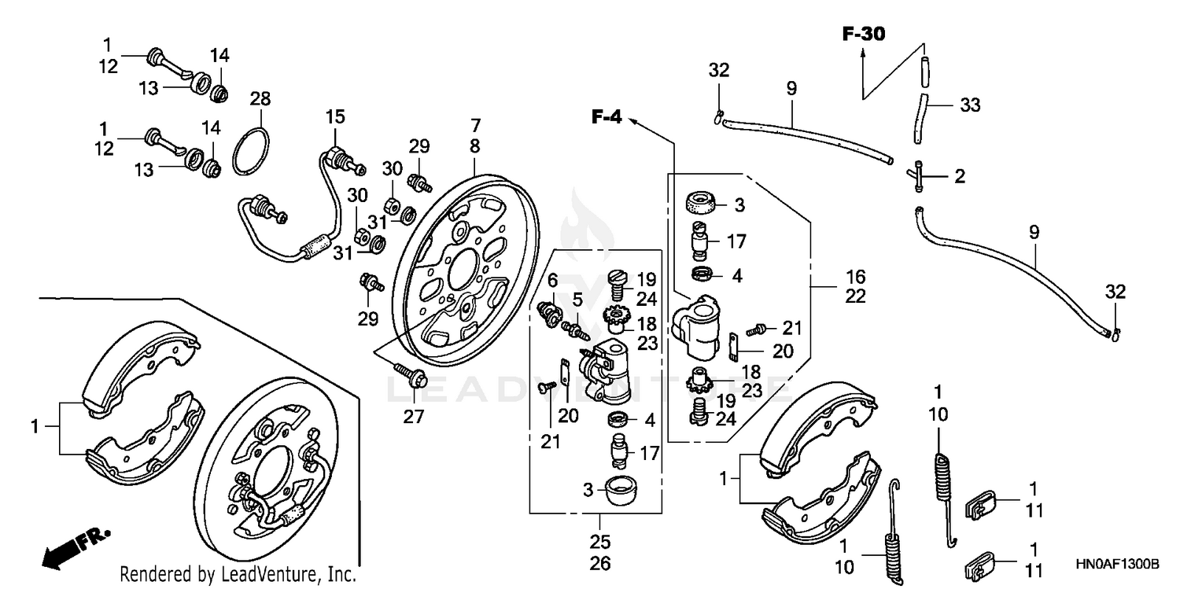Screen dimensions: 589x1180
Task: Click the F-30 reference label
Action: tap(863, 34)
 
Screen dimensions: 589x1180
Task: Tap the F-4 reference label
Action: tap(607, 119)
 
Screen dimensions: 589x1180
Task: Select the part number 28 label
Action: tap(260, 99)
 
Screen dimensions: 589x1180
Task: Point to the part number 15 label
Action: tap(335, 118)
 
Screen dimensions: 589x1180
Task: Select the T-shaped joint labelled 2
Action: tap(920, 176)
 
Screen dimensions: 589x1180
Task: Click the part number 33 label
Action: tap(970, 105)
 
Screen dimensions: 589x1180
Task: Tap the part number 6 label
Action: tap(552, 279)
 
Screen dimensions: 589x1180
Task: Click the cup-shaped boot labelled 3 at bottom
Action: tap(619, 493)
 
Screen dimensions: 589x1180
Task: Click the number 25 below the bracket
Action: tap(599, 543)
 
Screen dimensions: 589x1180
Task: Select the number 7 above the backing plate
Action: tap(474, 126)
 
